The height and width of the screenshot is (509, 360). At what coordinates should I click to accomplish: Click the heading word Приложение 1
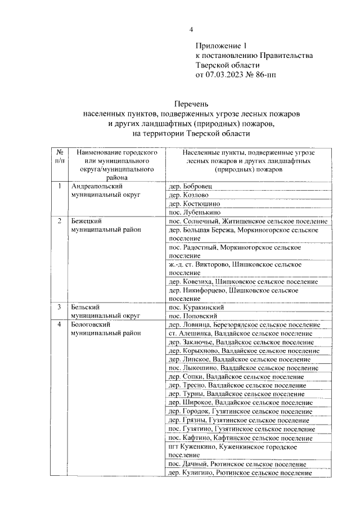click(221, 46)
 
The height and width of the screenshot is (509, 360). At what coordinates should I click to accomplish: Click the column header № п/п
click(59, 156)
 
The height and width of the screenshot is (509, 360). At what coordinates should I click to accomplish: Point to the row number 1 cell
click(59, 186)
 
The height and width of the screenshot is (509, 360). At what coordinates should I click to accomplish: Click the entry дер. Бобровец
click(191, 186)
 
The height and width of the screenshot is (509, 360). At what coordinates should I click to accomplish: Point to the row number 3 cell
click(59, 308)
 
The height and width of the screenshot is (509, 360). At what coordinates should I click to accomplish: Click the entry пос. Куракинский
click(196, 308)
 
